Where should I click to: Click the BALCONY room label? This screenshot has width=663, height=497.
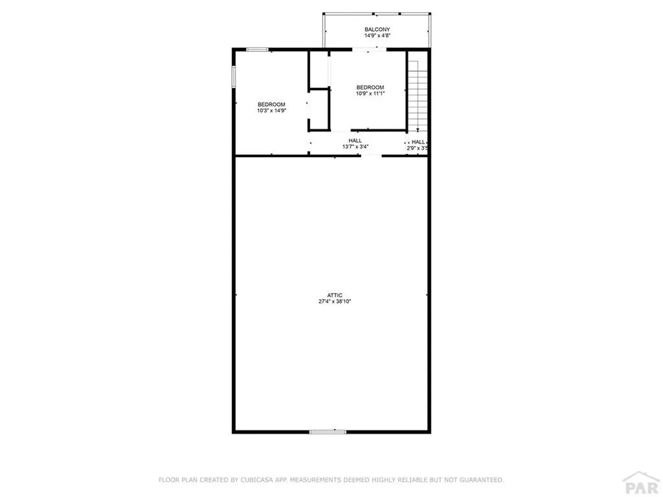377,29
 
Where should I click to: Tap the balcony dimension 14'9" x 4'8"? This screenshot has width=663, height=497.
377,36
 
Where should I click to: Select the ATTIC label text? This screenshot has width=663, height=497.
334,295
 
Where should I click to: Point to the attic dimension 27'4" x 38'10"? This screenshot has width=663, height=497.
334,302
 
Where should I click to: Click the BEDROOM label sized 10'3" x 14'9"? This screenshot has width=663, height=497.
271,104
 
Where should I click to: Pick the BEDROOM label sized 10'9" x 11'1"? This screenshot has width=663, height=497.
370,87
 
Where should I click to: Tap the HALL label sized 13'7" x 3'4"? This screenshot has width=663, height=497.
355,140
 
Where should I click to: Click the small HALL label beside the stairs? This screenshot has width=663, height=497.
418,142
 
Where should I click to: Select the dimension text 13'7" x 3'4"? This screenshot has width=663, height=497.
355,147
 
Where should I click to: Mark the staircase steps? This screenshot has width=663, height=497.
418,94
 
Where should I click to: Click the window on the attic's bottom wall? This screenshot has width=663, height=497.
328,432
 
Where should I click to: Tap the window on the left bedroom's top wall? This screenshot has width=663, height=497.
258,49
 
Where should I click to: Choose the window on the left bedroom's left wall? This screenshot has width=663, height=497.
234,76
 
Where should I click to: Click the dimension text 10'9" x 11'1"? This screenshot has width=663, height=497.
370,94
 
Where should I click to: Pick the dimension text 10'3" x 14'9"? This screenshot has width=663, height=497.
271,111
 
